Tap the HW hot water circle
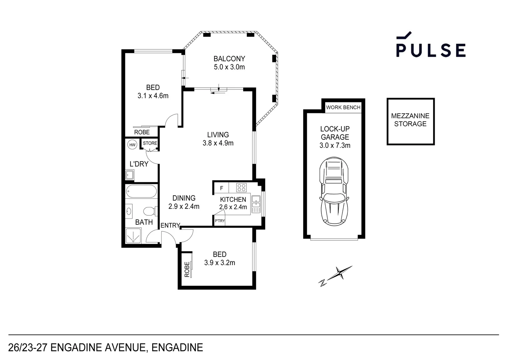click(x=132, y=145)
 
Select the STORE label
click(x=150, y=143)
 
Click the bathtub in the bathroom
click(x=141, y=192)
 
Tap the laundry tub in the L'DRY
click(x=129, y=175)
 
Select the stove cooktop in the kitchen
click(x=241, y=188)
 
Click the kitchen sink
click(x=255, y=204)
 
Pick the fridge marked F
click(x=222, y=188)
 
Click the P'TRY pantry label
click(x=220, y=221)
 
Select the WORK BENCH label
click(x=343, y=107)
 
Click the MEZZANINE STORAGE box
click(x=410, y=121)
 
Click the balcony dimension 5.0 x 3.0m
click(x=229, y=67)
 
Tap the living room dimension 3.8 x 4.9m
click(x=218, y=143)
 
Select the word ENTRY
click(x=170, y=226)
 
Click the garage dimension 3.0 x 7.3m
click(x=335, y=145)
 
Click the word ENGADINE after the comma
click(x=177, y=348)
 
